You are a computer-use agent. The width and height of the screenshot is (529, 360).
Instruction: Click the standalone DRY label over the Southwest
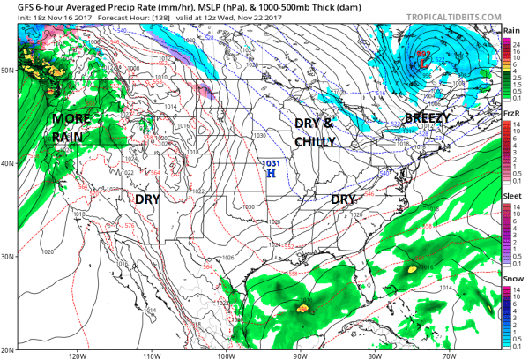coord(147,199)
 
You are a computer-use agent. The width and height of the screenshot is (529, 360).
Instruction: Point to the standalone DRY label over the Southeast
coord(342,199)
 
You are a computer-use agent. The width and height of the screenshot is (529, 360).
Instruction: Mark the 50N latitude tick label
coord(7,69)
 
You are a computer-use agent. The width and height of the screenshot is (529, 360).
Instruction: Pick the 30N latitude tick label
coord(7,256)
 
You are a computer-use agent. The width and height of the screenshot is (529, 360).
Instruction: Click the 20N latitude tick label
coord(7,348)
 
